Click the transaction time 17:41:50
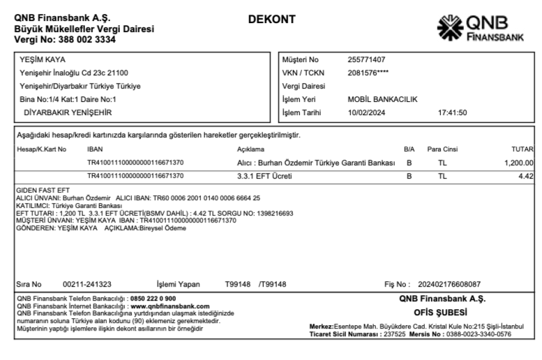tap(453, 112)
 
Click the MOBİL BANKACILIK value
tap(382, 99)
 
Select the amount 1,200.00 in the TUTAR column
tap(518, 163)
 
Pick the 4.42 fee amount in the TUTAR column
tap(526, 176)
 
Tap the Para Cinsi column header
tap(442, 149)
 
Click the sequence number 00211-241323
tap(87, 284)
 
